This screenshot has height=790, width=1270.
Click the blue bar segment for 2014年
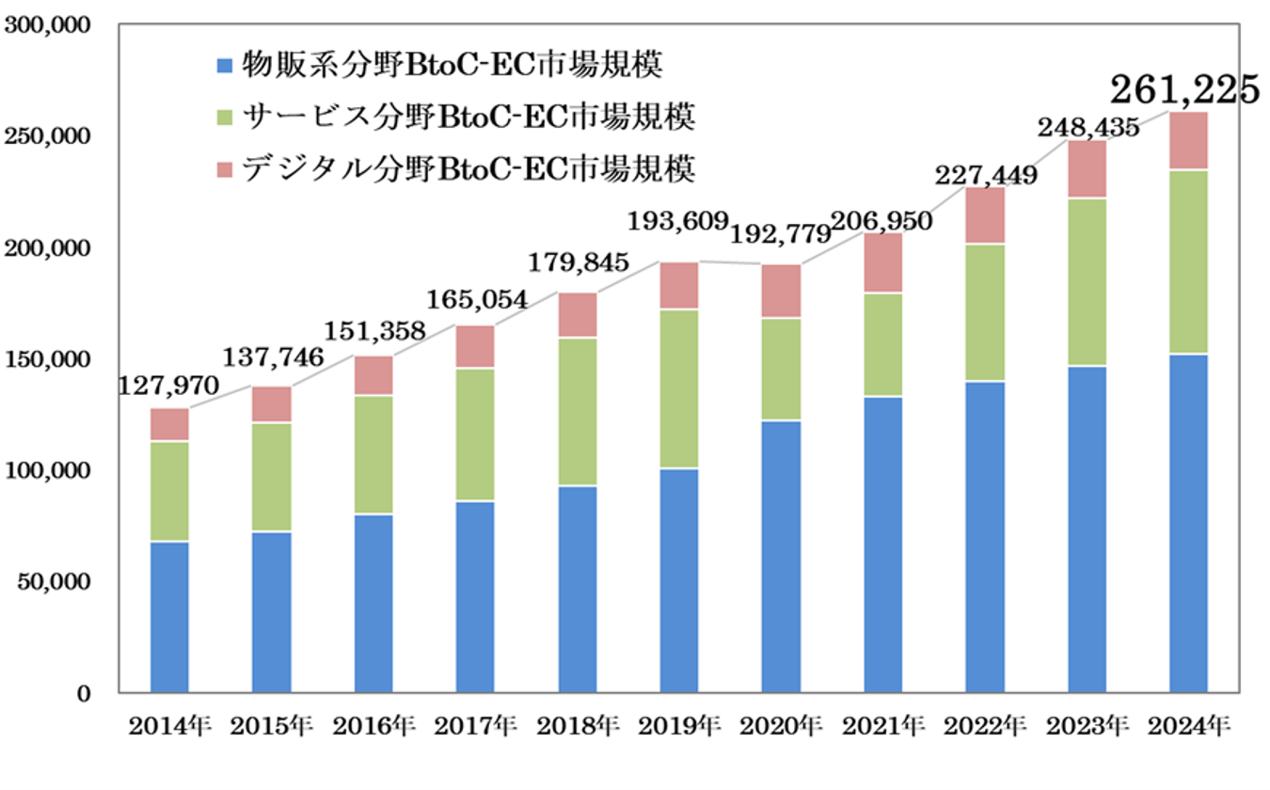point(169,616)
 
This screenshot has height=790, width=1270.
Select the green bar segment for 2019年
point(679,387)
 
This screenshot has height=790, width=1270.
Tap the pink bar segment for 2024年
point(1188,141)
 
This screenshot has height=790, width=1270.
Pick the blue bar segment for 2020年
point(781,555)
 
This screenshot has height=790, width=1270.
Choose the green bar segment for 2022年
point(985,312)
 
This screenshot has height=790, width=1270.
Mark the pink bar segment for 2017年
point(475,346)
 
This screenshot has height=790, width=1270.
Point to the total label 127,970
point(169,387)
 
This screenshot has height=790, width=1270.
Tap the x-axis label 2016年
point(373,725)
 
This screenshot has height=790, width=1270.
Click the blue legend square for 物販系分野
point(224,66)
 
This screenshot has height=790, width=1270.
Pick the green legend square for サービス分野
point(224,118)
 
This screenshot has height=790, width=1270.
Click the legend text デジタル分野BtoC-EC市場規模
point(468,169)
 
